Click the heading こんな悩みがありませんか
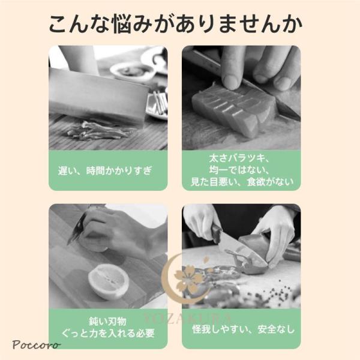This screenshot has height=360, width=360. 175,25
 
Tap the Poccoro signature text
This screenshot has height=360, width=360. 36,344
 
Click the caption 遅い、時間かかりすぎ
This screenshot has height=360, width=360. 105,171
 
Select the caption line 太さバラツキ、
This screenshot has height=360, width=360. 239,158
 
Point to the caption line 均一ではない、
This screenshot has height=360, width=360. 239,170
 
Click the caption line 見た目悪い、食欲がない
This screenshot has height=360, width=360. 242,182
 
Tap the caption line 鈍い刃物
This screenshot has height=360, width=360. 107,322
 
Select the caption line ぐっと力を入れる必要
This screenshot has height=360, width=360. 108,333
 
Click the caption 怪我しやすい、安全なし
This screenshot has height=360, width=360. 244,329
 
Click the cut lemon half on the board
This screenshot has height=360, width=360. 109,281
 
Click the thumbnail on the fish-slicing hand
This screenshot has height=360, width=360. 231,82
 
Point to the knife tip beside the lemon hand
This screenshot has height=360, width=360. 68,244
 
